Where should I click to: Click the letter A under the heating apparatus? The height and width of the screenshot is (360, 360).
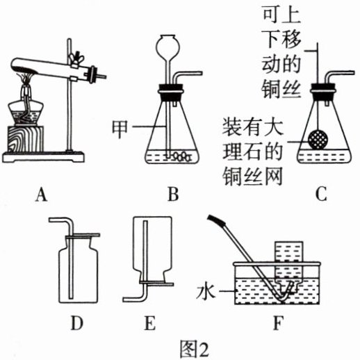click(x=42, y=195)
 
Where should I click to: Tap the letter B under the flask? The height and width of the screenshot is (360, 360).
click(x=173, y=195)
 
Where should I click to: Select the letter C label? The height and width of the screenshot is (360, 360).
click(x=321, y=195)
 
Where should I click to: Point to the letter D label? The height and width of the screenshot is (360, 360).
click(x=76, y=323)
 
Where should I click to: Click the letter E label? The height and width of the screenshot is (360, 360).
click(x=149, y=323)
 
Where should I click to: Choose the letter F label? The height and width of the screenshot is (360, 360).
click(x=278, y=323)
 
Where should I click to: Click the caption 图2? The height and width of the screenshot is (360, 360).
click(x=194, y=350)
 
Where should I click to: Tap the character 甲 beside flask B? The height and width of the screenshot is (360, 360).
click(x=120, y=129)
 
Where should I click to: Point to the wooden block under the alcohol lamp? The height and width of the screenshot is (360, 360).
click(x=25, y=139)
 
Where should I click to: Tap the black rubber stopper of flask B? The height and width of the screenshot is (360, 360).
click(x=171, y=92)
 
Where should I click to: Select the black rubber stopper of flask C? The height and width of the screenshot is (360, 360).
click(x=323, y=91)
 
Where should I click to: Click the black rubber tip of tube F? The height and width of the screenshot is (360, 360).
click(x=217, y=220)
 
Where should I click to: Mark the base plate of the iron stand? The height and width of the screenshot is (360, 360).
click(x=43, y=157)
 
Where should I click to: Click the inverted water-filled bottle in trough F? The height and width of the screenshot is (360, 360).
click(x=288, y=266)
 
